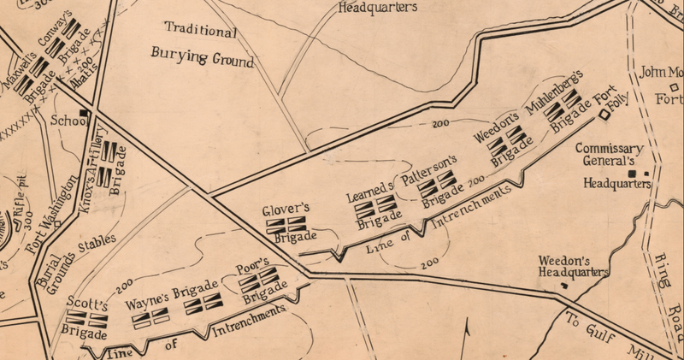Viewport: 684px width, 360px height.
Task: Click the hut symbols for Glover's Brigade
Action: point(285,224)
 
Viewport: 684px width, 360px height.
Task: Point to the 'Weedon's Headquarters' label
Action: point(572,266)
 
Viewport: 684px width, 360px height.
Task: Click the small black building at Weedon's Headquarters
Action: point(562,285)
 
